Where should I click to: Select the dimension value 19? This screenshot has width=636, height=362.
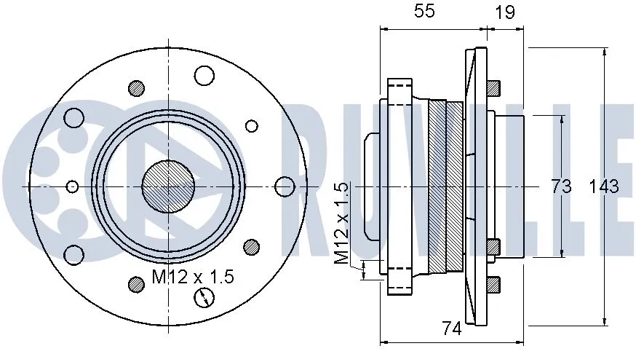[506, 12]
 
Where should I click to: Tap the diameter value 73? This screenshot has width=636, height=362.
[560, 186]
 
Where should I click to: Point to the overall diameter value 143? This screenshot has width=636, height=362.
[603, 186]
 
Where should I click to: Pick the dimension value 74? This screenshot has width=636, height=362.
[451, 329]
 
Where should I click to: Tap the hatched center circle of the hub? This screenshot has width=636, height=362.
[167, 186]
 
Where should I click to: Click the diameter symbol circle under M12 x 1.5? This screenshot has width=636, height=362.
[204, 297]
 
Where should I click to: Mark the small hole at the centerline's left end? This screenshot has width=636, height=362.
[71, 186]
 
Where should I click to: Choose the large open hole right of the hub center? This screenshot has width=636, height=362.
[285, 186]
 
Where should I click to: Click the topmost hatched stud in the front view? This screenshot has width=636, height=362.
[136, 89]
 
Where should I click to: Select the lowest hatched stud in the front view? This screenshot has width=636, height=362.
[136, 283]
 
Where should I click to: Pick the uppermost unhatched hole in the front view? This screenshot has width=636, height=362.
[204, 75]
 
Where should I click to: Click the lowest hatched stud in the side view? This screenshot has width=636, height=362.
[493, 284]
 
